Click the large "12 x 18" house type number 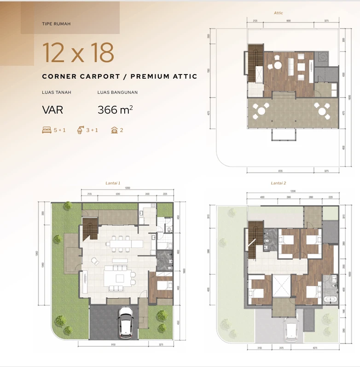[78, 53]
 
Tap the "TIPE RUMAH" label [56, 23]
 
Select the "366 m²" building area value [115, 110]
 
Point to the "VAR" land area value [52, 110]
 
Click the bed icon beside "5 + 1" [46, 130]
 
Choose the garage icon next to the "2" [114, 130]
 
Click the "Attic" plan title [279, 13]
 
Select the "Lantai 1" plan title [113, 183]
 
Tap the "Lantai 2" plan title [278, 183]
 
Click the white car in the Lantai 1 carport [126, 321]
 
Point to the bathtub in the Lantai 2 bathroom [330, 299]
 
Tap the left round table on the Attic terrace [262, 110]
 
